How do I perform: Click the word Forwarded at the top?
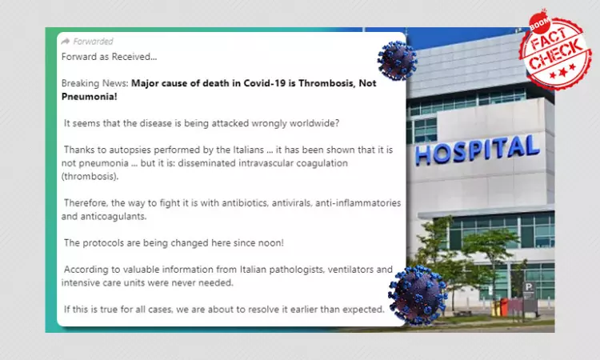pos(94,41)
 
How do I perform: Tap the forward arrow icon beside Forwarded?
pos(66,41)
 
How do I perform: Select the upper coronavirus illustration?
pos(398,61)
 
